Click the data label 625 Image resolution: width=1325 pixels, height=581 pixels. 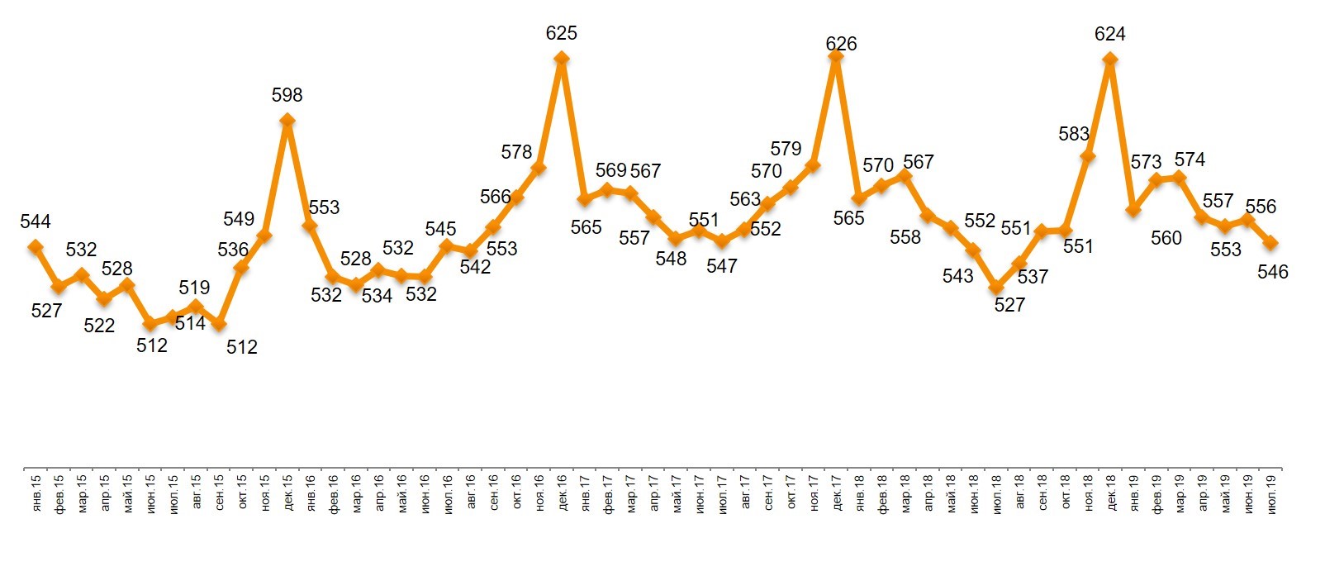tap(562, 34)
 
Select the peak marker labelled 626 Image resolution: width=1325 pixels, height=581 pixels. tap(836, 56)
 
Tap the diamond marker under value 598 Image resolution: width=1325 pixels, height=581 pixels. tap(287, 121)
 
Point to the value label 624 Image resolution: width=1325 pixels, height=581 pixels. tap(1109, 35)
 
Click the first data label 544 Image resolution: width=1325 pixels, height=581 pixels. tap(36, 221)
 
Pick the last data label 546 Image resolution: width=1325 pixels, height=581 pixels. tap(1272, 272)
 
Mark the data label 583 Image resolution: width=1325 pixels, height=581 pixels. tap(1074, 134)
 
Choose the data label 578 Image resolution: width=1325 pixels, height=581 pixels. tap(516, 152)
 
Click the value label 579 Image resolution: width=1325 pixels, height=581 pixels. tap(786, 149)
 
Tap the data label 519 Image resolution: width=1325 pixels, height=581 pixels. tap(195, 288)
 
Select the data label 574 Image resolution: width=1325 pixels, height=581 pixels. tap(1190, 160)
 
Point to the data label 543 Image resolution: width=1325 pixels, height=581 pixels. tap(957, 276)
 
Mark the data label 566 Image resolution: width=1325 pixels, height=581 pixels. tap(496, 198)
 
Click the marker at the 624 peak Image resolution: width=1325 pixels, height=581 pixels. tap(1110, 59)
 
